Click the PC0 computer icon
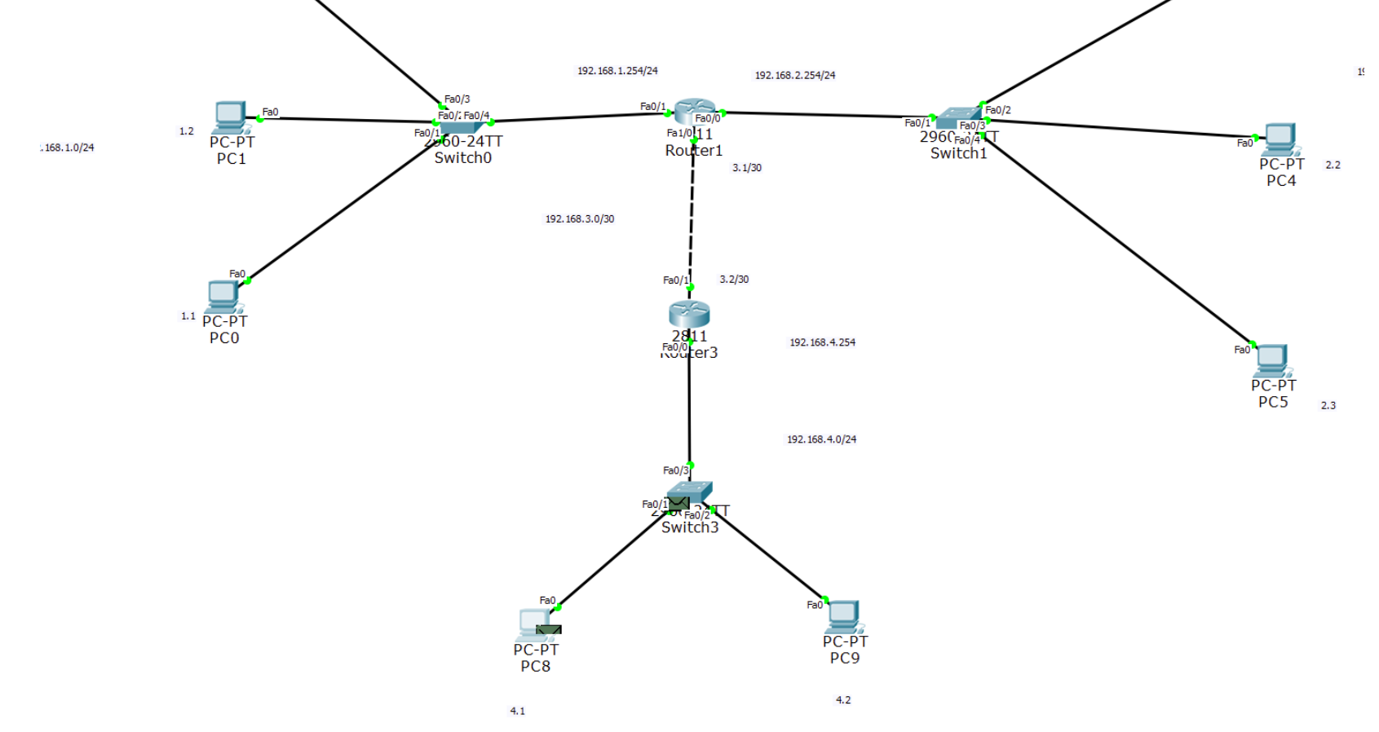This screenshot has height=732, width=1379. [x=223, y=297]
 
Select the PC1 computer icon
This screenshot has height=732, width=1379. [x=231, y=117]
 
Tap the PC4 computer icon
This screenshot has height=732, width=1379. [x=1280, y=139]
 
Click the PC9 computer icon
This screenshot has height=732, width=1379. [x=844, y=617]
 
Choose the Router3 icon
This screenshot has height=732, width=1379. [x=689, y=314]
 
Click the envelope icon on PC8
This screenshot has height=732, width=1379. [x=549, y=630]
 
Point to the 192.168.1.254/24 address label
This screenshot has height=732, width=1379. [x=617, y=71]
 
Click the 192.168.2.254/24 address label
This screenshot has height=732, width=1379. [x=795, y=75]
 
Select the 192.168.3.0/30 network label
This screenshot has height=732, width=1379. [x=580, y=219]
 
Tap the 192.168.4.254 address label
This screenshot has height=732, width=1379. [x=822, y=342]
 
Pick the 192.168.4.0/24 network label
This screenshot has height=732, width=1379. [x=821, y=439]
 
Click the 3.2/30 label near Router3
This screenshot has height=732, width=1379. [x=734, y=280]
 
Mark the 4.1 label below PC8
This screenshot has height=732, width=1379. [x=518, y=711]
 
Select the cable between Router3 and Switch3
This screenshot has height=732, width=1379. [x=689, y=408]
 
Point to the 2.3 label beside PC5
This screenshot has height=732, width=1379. [x=1328, y=405]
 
